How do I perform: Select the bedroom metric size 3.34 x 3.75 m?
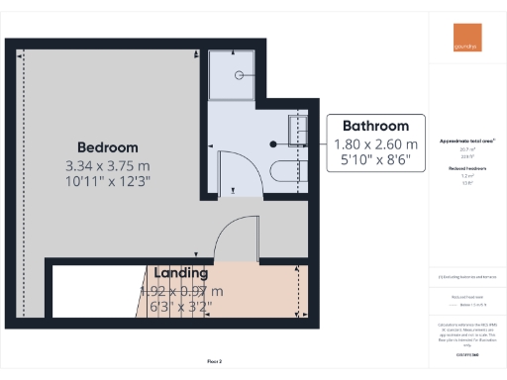pyautogui.click(x=106, y=164)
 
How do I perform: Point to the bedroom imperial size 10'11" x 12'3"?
pyautogui.click(x=106, y=183)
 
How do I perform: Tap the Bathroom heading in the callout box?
pyautogui.click(x=375, y=127)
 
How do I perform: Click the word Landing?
pyautogui.click(x=179, y=272)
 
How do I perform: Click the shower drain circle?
pyautogui.click(x=239, y=75)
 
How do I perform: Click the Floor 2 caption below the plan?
pyautogui.click(x=213, y=363)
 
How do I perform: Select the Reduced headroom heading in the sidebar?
pyautogui.click(x=463, y=169)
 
